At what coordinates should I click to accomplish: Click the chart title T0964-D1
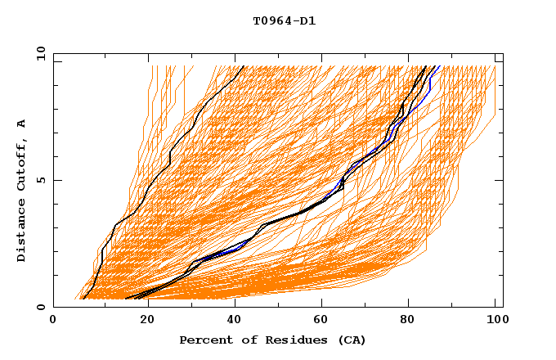(x=284, y=20)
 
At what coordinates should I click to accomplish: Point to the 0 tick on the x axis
(x=53, y=321)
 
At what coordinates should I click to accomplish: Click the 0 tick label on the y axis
(x=41, y=308)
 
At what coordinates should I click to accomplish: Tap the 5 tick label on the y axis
(x=41, y=180)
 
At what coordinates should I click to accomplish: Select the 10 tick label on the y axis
(x=38, y=53)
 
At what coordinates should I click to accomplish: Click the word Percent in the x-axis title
(x=205, y=340)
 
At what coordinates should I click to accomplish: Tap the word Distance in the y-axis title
(x=22, y=231)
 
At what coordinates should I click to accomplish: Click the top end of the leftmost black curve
(x=243, y=66)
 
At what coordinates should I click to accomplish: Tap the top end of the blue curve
(x=439, y=66)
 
